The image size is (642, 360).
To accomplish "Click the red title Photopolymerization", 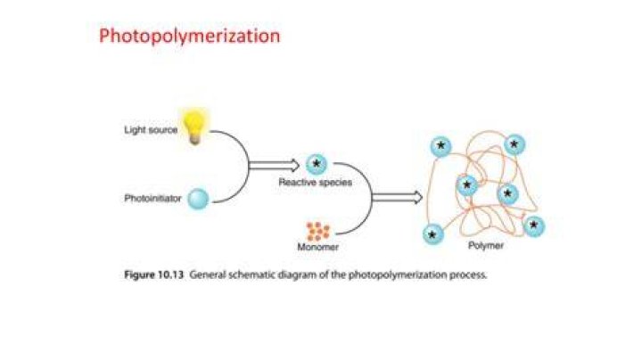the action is (x=190, y=37).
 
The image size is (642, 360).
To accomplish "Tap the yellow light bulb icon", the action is (x=194, y=127).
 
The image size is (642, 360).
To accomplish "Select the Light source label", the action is (x=151, y=130).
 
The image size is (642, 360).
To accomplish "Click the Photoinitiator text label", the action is (x=152, y=199).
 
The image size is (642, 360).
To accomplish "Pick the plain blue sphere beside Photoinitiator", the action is (x=198, y=199).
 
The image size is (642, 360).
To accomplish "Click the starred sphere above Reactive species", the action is (x=317, y=165).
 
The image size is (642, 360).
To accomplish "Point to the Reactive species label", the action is (x=316, y=182).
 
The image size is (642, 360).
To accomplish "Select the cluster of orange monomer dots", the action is (x=318, y=231).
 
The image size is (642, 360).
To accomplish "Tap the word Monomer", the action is (x=318, y=247).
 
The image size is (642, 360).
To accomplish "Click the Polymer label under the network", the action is (x=486, y=245).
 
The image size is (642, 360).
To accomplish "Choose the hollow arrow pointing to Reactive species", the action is (x=274, y=165).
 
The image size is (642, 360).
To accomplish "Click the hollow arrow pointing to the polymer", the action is (x=397, y=197).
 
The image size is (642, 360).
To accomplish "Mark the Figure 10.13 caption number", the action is (x=154, y=274).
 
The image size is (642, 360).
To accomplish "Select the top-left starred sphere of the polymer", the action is (x=441, y=146).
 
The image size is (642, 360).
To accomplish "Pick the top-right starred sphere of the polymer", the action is (x=514, y=145).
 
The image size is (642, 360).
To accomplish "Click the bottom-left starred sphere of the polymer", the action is (x=433, y=234).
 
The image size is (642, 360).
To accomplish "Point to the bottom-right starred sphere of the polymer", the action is (x=534, y=226).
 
